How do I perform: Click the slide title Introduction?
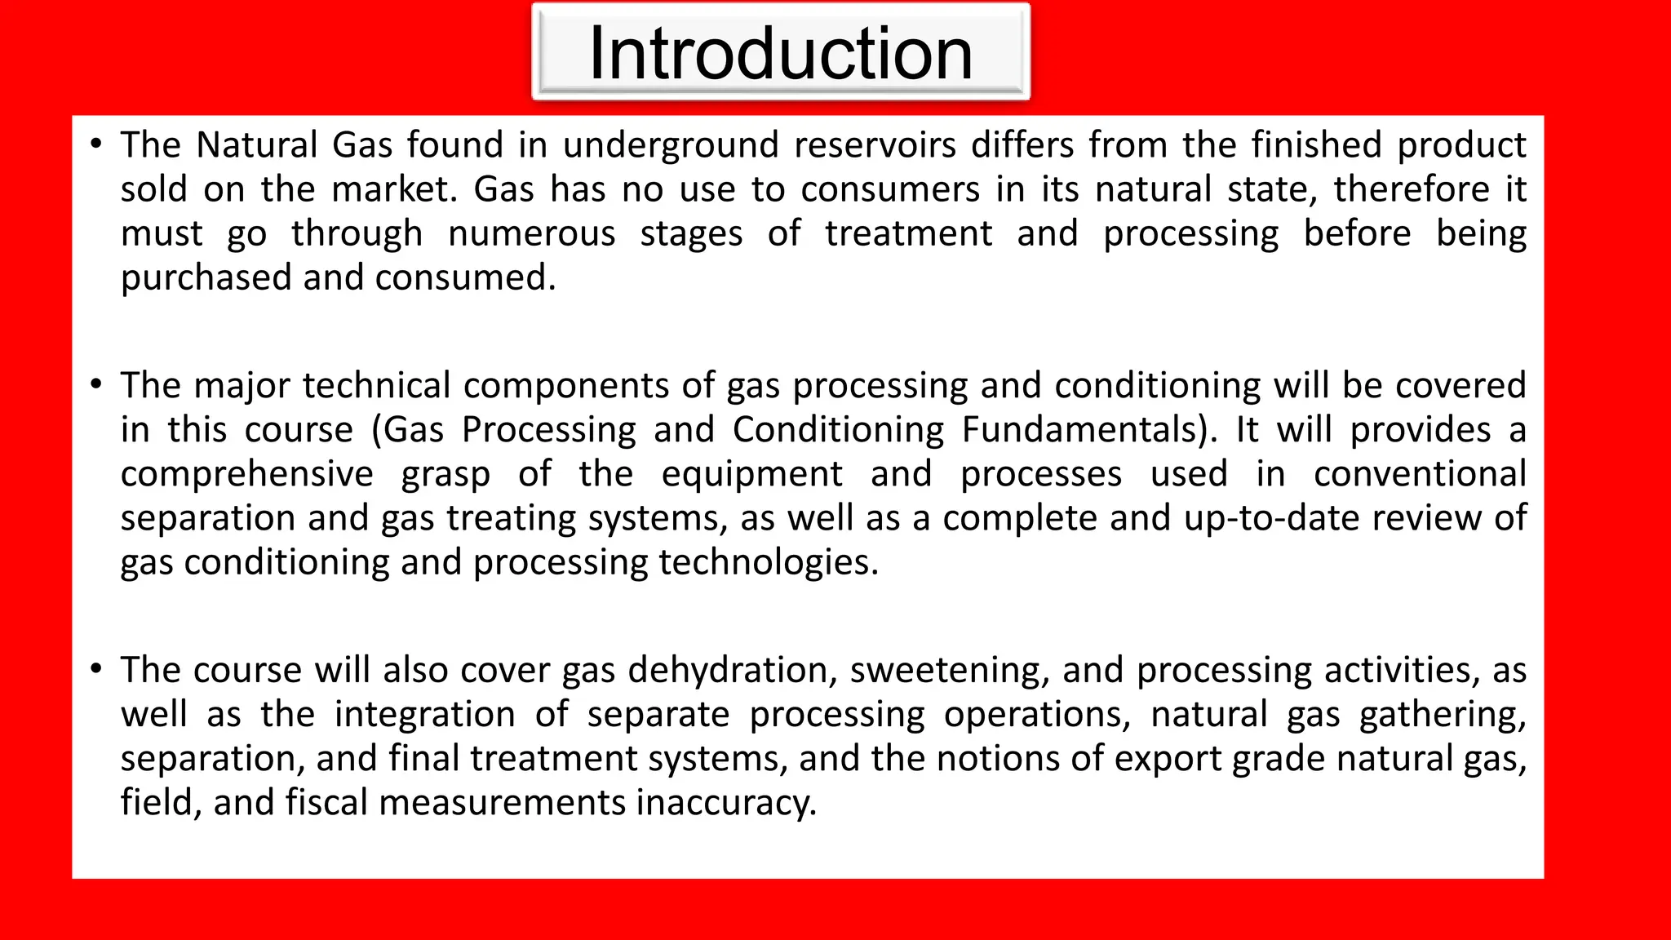(x=780, y=53)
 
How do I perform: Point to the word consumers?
(x=890, y=189)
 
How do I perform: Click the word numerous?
(x=532, y=233)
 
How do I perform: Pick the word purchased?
(x=206, y=278)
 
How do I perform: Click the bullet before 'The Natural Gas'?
(x=97, y=145)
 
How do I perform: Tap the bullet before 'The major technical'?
(x=97, y=385)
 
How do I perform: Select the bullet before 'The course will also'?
(x=97, y=670)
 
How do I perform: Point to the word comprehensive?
(x=247, y=474)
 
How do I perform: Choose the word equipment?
(x=751, y=474)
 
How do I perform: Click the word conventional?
(x=1420, y=474)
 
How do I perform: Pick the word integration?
(x=425, y=715)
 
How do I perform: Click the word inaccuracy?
(x=725, y=803)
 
